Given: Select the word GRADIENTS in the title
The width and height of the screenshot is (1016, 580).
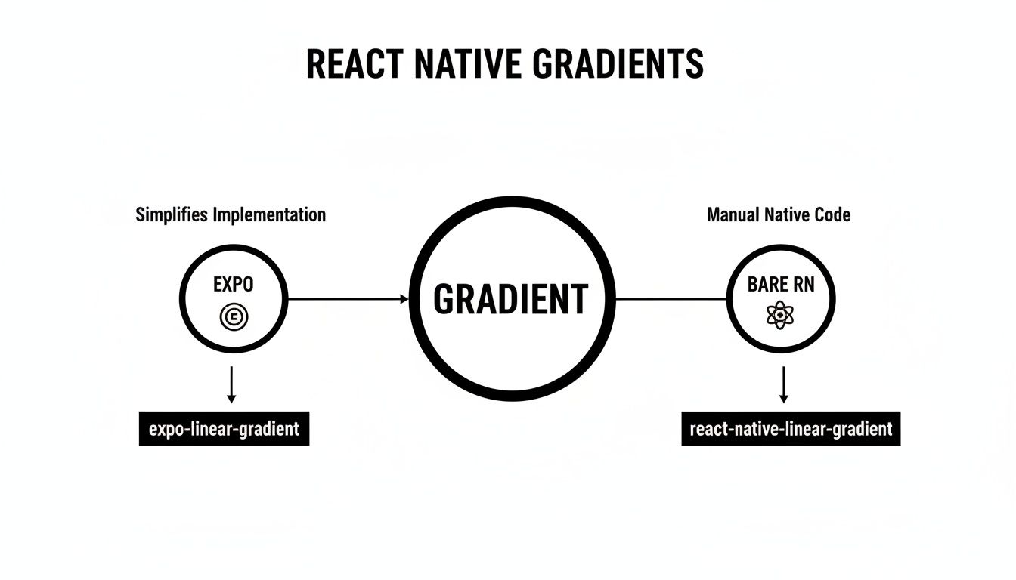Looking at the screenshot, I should click(618, 64).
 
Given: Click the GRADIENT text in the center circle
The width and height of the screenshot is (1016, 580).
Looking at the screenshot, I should click(510, 300).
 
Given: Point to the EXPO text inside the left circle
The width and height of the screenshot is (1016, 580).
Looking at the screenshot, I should click(234, 285).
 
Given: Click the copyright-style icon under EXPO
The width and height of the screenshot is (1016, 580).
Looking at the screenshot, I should click(234, 317).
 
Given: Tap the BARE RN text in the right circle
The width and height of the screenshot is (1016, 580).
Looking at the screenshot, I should click(781, 285).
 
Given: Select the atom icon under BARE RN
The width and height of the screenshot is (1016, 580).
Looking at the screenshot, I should click(781, 316).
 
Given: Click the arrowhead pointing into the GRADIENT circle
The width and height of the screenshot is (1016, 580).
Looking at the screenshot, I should click(404, 299).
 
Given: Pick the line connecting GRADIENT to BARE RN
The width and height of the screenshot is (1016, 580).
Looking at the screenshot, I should click(671, 299).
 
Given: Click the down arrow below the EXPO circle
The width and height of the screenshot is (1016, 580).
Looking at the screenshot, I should click(232, 385).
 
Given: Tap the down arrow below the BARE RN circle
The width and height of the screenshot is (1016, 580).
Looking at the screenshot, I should click(784, 385).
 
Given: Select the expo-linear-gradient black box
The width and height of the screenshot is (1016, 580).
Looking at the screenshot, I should click(225, 430).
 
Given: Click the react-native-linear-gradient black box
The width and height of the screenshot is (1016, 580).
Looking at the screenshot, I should click(791, 430).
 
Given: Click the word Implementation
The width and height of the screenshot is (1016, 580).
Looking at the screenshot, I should click(270, 215).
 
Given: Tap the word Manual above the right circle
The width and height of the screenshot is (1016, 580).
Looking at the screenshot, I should click(732, 215).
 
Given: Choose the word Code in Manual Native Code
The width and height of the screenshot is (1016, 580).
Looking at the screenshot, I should click(832, 215).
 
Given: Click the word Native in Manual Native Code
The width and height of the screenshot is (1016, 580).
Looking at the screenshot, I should click(786, 215).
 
